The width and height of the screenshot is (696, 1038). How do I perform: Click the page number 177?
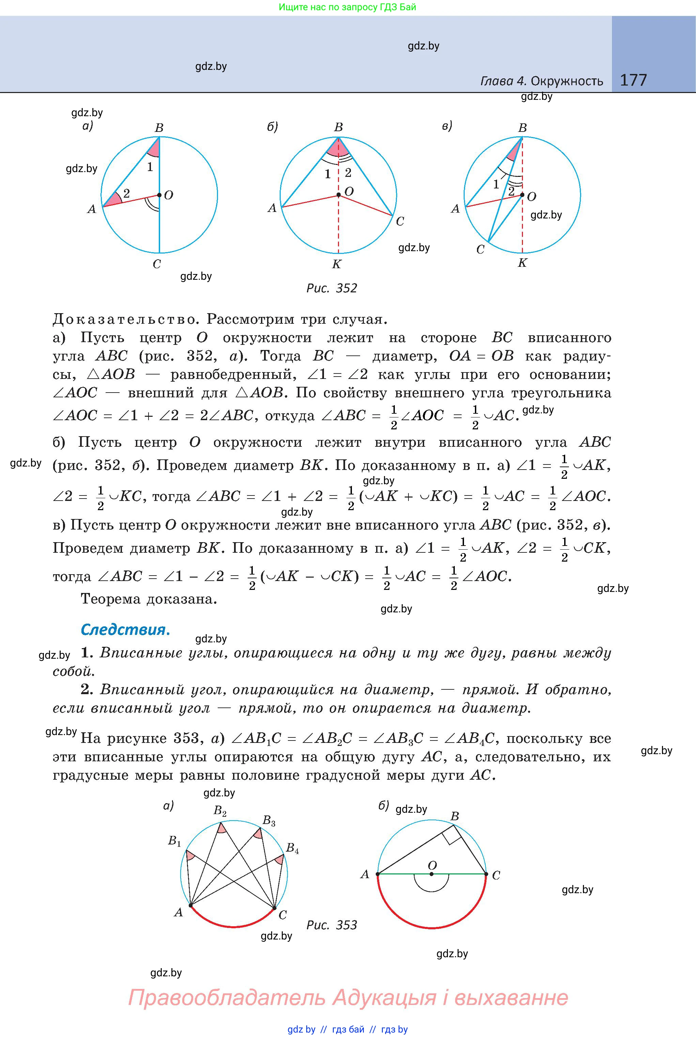click(x=633, y=80)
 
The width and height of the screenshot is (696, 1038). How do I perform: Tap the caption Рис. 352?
click(x=331, y=288)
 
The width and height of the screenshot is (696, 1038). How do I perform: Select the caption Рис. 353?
click(x=331, y=925)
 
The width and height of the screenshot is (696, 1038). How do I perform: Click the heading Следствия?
click(x=125, y=629)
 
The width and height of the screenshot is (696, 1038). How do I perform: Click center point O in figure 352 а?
click(x=159, y=195)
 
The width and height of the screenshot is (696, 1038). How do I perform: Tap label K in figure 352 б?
click(x=337, y=264)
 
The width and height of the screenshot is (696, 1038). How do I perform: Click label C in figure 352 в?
click(x=480, y=249)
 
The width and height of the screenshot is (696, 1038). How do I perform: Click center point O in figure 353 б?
click(x=431, y=874)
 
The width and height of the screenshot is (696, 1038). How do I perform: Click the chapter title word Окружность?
click(x=567, y=81)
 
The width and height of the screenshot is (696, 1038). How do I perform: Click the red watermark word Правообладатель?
click(x=226, y=997)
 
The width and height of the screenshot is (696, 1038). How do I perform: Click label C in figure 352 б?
click(x=400, y=221)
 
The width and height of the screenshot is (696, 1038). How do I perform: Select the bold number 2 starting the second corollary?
click(x=87, y=689)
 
